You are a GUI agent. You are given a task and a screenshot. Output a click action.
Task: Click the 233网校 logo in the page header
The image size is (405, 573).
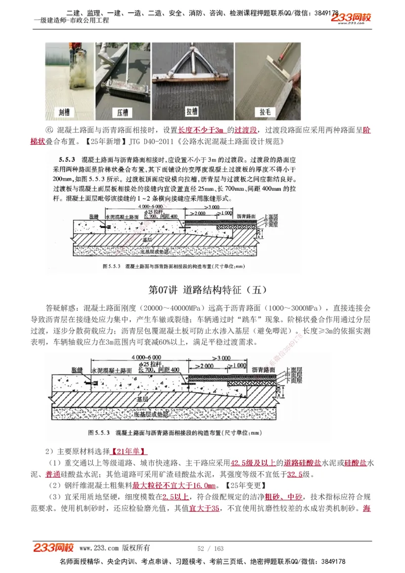pyautogui.click(x=351, y=18)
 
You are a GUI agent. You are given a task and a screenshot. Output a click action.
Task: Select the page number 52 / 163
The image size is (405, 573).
pyautogui.click(x=210, y=548)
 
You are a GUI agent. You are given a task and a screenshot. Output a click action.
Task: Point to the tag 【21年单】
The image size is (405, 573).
pyautogui.click(x=129, y=451)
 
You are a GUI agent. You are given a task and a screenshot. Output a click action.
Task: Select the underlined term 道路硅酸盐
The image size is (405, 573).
pyautogui.click(x=303, y=463)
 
